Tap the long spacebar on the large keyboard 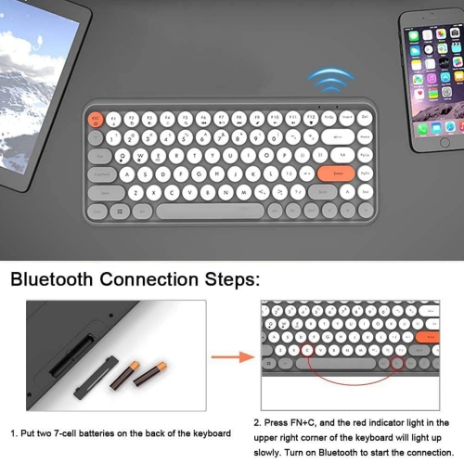[203, 212]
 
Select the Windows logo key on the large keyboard [119, 212]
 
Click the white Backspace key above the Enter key [349, 135]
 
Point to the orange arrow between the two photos [233, 356]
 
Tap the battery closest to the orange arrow [152, 375]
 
